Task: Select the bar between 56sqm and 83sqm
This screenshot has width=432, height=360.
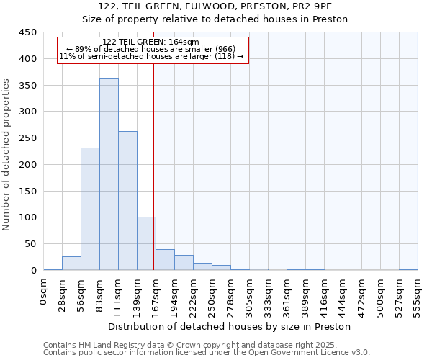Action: click(x=90, y=209)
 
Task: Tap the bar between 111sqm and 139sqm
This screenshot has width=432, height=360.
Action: click(x=127, y=201)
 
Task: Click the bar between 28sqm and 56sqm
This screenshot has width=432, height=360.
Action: click(x=71, y=264)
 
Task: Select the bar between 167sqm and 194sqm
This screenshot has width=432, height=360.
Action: click(x=165, y=260)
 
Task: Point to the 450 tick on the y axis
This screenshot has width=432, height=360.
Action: click(x=29, y=32)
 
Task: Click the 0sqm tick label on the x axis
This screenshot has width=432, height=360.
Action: click(x=44, y=292)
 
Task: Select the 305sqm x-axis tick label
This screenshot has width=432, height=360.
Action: click(x=250, y=294)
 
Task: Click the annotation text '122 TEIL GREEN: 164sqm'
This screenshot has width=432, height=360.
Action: click(x=151, y=42)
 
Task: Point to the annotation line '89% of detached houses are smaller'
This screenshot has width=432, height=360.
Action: click(x=151, y=49)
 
